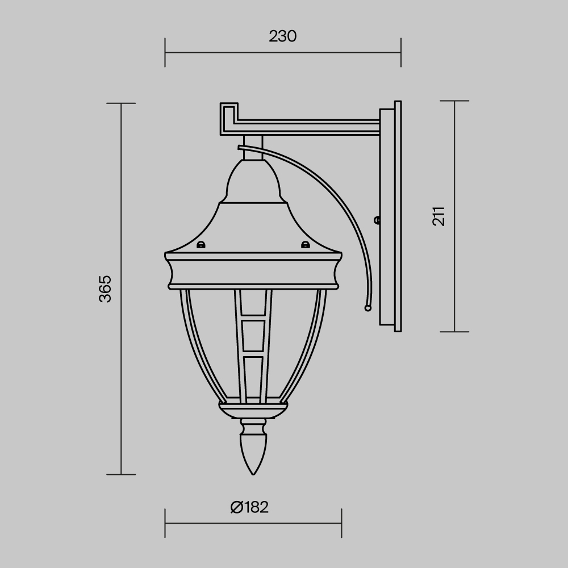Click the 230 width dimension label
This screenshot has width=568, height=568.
click(283, 36)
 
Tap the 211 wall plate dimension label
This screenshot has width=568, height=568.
click(439, 216)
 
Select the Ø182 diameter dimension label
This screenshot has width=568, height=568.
click(249, 507)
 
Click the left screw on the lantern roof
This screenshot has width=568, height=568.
click(200, 245)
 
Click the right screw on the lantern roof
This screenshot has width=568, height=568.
click(306, 245)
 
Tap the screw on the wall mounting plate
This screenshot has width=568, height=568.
click(377, 220)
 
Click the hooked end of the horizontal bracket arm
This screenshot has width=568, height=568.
click(228, 118)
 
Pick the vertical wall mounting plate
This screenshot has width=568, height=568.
click(392, 216)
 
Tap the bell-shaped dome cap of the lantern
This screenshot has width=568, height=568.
click(253, 182)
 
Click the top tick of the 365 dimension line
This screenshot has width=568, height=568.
click(121, 103)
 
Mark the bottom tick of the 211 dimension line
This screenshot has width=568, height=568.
click(454, 332)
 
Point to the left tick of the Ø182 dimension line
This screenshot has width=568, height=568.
click(165, 523)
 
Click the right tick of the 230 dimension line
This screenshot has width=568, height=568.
click(401, 52)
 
